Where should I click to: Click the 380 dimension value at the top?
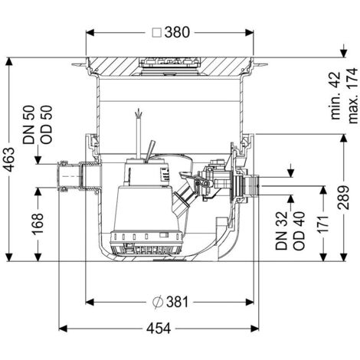tap(177, 32)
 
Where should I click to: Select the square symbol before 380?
tap(157, 33)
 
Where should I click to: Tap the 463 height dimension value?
tap(11, 159)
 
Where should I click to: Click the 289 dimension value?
tap(343, 198)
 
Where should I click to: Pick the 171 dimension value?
tap(323, 224)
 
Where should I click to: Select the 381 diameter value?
tap(178, 302)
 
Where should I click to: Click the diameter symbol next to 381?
tap(158, 303)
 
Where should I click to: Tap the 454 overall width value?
tap(159, 329)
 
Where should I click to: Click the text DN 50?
tap(28, 125)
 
